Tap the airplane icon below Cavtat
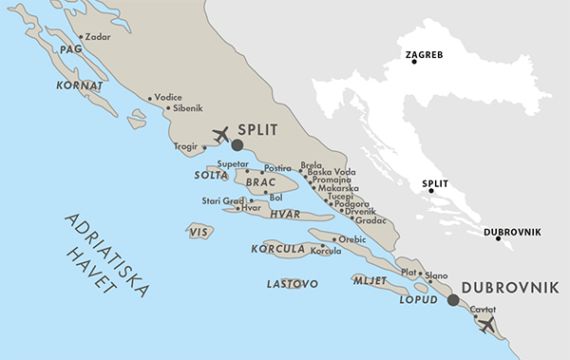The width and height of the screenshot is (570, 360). pos(487,325)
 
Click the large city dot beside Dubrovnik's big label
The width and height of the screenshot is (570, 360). pos(453,300)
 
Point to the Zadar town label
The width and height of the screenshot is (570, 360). pos(97,38)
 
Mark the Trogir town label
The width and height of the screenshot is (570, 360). pos(187,147)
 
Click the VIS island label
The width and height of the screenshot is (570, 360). pos(198,231)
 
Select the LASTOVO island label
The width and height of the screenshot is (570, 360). pos(292,283)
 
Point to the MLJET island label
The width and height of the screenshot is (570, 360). pos(370,281)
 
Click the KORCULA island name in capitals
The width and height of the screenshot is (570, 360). pos(277,249)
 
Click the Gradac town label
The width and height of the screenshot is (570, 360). pos(370,220)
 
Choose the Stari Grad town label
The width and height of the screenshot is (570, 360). pos(222,200)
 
